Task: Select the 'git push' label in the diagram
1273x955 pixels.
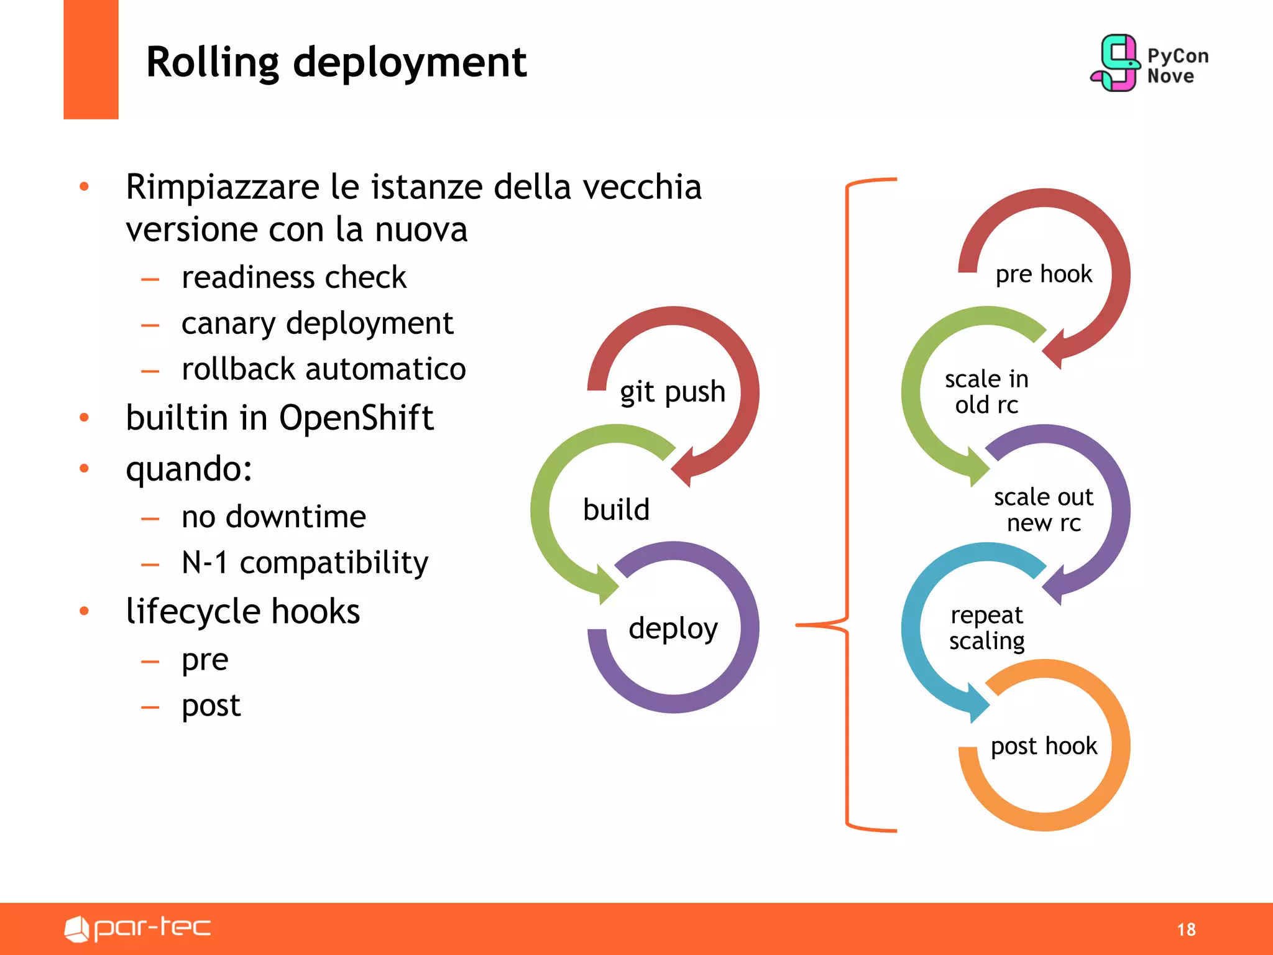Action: tap(673, 392)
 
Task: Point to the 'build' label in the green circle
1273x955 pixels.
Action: tap(616, 510)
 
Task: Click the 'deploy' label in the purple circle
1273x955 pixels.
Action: tap(673, 628)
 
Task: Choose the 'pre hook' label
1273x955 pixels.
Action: tap(1044, 274)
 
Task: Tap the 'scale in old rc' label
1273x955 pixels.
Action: tap(986, 392)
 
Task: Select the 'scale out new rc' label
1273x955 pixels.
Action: tap(1044, 510)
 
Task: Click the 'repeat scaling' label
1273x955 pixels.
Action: tap(986, 627)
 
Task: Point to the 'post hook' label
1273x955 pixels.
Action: tap(1044, 746)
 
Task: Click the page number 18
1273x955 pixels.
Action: tap(1186, 930)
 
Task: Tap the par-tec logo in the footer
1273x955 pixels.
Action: tap(138, 928)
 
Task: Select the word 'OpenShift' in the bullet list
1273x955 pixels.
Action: tap(356, 418)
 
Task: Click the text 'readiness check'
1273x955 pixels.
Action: tap(293, 277)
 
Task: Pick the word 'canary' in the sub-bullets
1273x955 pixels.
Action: tap(228, 324)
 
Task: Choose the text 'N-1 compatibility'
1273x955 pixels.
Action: tap(305, 563)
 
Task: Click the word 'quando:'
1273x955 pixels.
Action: tap(189, 469)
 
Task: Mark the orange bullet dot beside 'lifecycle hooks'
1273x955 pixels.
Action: tap(85, 611)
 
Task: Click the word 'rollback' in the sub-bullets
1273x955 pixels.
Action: tap(238, 369)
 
